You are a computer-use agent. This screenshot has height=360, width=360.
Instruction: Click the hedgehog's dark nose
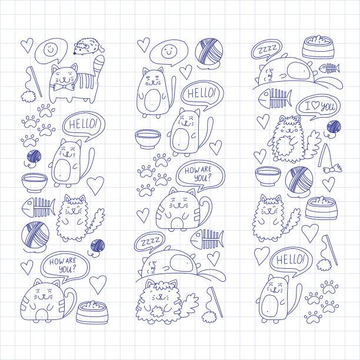point(74,54)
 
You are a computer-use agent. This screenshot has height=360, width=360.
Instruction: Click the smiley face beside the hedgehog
point(50,49)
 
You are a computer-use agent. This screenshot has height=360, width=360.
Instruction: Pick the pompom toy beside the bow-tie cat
point(28,96)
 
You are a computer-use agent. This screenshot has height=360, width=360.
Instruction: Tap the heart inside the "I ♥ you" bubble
point(315,105)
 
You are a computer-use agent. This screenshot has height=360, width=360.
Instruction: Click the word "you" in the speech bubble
point(327,106)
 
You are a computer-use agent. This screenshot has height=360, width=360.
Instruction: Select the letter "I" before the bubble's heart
point(308,106)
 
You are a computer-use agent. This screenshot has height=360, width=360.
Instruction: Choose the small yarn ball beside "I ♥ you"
point(334,126)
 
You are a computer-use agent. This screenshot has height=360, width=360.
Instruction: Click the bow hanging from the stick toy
point(332,169)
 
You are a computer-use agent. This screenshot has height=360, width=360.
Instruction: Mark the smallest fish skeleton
point(329,68)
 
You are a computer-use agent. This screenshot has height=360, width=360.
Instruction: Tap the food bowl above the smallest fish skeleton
point(318,47)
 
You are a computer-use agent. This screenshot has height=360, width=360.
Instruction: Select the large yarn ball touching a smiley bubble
point(209,51)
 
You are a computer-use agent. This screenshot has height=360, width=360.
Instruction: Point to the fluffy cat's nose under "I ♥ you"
point(290,129)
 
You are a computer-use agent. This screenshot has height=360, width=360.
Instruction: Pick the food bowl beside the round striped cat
point(92,312)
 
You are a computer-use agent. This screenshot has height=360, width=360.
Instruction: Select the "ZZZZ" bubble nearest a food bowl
point(266,49)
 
